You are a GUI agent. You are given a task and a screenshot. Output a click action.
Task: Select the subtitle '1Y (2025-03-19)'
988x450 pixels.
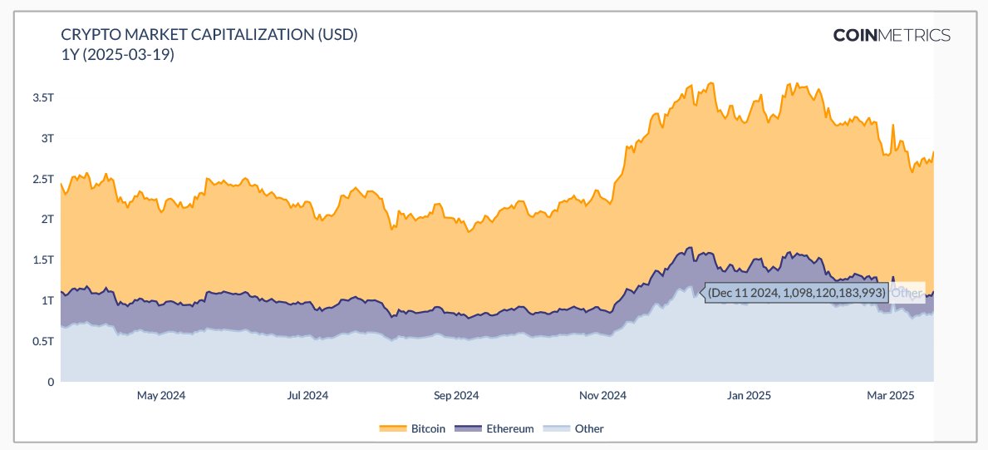point(117,55)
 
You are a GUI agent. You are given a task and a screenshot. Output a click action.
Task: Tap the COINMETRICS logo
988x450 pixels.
point(892,35)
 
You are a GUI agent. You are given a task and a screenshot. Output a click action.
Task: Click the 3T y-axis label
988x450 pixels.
point(47,138)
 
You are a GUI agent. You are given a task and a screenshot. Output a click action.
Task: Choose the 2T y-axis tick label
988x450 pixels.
point(47,220)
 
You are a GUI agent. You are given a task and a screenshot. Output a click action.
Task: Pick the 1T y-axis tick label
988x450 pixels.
point(47,301)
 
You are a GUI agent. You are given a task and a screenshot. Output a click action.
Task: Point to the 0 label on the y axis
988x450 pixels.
point(50,383)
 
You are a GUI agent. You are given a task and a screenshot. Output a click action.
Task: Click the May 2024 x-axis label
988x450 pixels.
point(160,396)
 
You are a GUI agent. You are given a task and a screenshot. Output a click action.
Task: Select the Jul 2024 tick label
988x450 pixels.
point(308,396)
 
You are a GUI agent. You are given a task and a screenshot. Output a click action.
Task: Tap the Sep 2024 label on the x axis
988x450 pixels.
point(455,396)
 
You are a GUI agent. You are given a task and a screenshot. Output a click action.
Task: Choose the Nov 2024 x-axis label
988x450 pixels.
point(602,396)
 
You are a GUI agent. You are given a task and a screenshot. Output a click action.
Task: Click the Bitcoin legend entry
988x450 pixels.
point(413,429)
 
